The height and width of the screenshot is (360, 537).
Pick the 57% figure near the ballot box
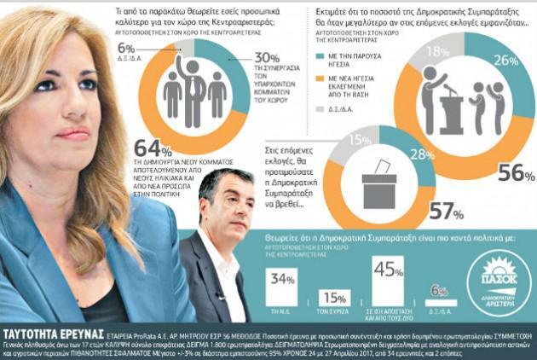441,210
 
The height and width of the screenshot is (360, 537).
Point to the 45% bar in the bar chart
388,286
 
